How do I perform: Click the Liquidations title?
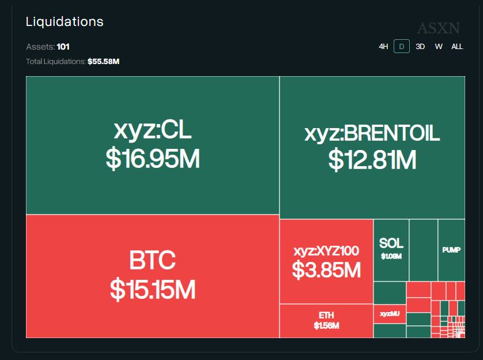click(65, 22)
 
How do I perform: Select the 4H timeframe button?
click(383, 47)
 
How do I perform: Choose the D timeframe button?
click(402, 47)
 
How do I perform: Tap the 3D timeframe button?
click(420, 47)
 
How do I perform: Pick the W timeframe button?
click(439, 47)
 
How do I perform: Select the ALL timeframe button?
click(457, 47)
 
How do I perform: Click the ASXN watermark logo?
click(438, 28)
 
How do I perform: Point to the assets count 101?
click(63, 47)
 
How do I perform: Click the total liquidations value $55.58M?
click(103, 61)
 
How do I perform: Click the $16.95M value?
click(153, 159)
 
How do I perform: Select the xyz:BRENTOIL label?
click(372, 133)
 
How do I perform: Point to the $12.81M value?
click(372, 160)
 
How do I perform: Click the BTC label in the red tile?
click(153, 261)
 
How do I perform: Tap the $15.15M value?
click(153, 290)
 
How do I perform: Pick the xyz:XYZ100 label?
click(326, 251)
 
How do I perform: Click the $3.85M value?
click(326, 269)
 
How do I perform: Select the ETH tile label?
click(326, 315)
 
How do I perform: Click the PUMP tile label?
click(451, 250)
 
